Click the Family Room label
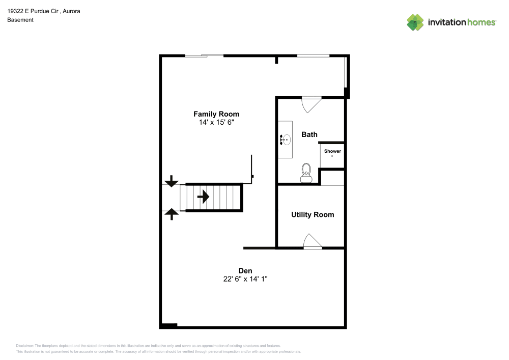(216, 114)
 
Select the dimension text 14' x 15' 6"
(216, 123)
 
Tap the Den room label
(245, 270)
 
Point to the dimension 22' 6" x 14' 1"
(245, 279)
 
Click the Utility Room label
(313, 214)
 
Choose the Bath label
(309, 134)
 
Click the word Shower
(332, 151)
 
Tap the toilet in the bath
(306, 173)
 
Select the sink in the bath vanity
(286, 139)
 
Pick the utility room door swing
(312, 241)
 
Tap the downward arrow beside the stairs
(172, 180)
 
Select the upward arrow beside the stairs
(172, 214)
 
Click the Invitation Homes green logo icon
(415, 22)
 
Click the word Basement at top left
(20, 20)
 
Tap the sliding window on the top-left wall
(204, 56)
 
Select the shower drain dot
(332, 156)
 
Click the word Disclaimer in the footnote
(24, 345)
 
